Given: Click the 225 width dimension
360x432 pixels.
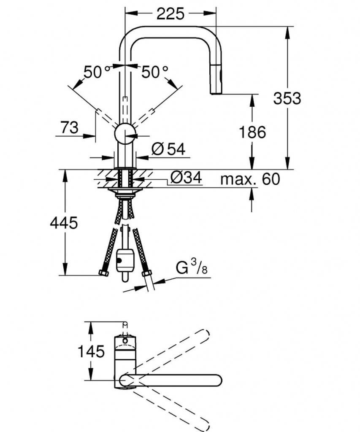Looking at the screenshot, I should [x=171, y=14].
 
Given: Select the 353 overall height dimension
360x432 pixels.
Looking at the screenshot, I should [x=287, y=98].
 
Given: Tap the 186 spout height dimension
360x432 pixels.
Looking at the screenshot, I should [x=253, y=132].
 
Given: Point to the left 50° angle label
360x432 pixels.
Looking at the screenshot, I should [x=95, y=72].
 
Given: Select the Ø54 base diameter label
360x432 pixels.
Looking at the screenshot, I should [x=168, y=148].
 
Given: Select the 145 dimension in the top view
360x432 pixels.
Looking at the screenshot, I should [x=90, y=351].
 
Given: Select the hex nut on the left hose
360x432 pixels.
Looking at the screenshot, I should [x=103, y=273].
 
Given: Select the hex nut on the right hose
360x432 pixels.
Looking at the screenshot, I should [x=146, y=273].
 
